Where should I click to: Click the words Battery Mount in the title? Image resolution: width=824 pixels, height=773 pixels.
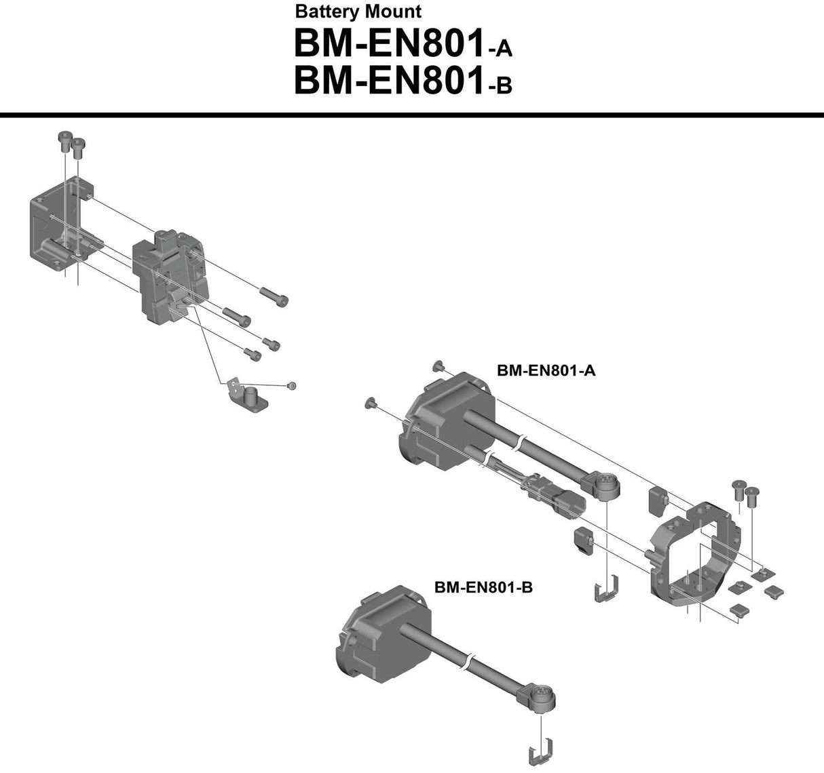click(x=358, y=12)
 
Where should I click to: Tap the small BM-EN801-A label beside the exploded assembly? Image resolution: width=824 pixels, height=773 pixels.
click(x=546, y=370)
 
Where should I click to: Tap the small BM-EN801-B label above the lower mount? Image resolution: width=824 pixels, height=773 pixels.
click(x=483, y=587)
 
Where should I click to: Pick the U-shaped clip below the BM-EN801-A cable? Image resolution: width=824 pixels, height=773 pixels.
click(x=606, y=589)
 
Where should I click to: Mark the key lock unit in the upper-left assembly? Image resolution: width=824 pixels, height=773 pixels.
click(x=170, y=278)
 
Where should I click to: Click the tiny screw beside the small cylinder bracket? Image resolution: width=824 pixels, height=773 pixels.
click(x=292, y=385)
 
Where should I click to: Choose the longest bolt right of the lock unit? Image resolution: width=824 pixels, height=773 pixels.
click(x=274, y=296)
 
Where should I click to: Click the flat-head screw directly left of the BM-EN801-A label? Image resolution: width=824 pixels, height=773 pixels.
click(x=437, y=366)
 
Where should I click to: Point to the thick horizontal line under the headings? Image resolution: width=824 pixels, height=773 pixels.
click(x=412, y=115)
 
